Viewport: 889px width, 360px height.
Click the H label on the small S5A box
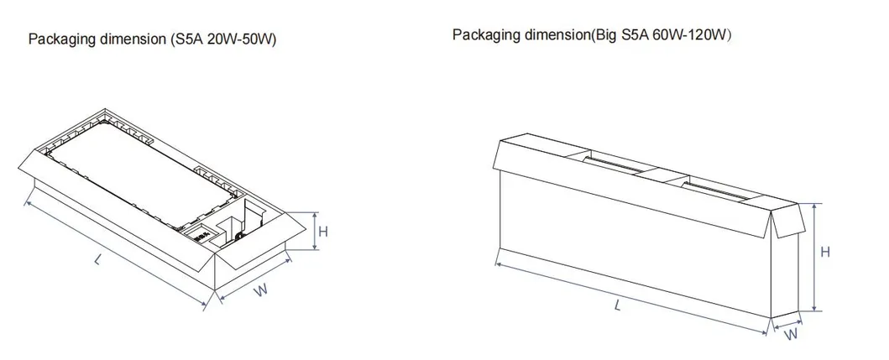[323, 232]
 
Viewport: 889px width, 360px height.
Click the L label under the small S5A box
[99, 260]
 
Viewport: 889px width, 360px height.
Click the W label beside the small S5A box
[260, 290]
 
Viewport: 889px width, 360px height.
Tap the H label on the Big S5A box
[825, 252]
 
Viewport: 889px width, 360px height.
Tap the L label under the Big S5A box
[617, 305]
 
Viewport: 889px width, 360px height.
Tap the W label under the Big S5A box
[791, 334]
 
